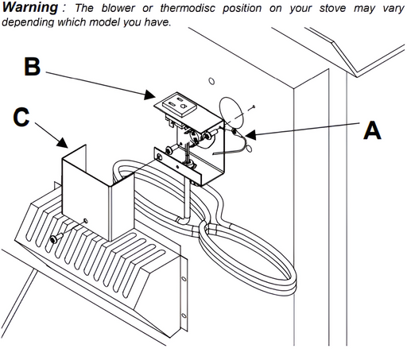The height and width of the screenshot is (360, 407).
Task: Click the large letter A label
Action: (372, 130)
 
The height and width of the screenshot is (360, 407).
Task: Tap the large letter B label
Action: (33, 66)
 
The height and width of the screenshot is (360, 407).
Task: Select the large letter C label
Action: (21, 117)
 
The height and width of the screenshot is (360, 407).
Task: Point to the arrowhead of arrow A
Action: (250, 135)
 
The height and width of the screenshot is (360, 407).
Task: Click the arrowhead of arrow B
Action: (149, 95)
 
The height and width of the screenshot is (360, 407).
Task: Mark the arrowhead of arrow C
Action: (63, 142)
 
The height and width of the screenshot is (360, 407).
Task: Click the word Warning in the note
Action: (30, 7)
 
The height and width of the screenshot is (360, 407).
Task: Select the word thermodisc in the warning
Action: (188, 8)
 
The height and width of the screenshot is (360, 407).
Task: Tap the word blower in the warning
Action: (118, 8)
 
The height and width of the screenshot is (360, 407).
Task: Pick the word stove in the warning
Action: (332, 8)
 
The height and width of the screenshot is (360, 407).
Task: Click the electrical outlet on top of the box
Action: (180, 106)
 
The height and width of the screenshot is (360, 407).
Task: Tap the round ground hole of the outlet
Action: (183, 106)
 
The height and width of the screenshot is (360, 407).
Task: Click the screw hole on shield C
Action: (85, 220)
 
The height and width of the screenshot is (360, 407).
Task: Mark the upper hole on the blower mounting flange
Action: (184, 279)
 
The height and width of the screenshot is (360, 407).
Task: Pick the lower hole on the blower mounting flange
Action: (184, 315)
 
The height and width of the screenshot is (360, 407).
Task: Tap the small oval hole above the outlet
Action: (211, 81)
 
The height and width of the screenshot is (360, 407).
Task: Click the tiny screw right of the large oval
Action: (254, 106)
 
